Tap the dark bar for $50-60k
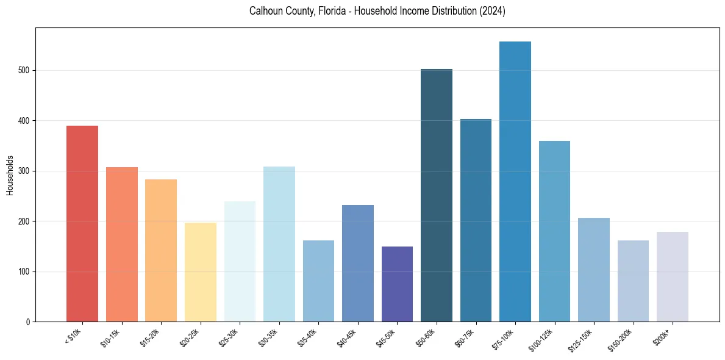point(437,195)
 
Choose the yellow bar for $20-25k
point(201,272)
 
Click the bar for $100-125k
point(554,231)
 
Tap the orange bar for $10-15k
point(122,244)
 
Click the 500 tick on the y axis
point(23,71)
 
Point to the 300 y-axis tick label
point(23,171)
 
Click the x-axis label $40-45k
point(346,337)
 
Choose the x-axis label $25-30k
point(227,337)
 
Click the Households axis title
point(10,175)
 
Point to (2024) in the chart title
point(492,12)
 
